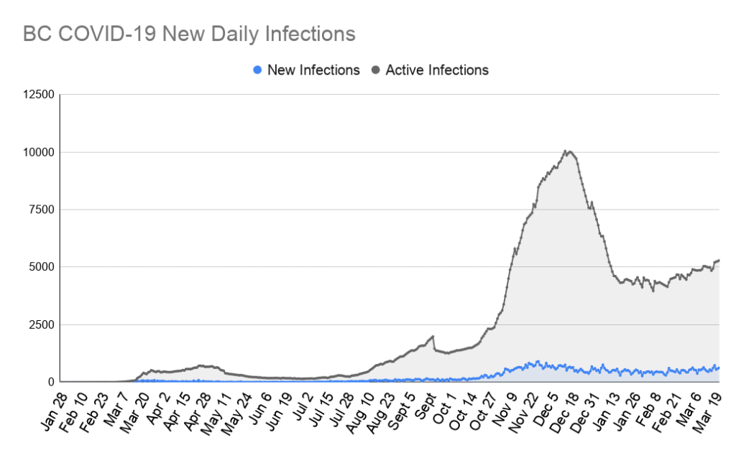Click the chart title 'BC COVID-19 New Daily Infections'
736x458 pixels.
tap(189, 34)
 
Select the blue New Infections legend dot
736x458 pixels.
tap(257, 70)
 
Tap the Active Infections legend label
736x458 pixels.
tap(437, 70)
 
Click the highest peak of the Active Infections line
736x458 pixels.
tap(566, 151)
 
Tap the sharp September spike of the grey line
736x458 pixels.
tap(432, 336)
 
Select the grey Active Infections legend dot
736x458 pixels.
tap(375, 70)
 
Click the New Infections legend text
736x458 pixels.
tap(313, 70)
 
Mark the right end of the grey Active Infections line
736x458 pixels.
tap(719, 260)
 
